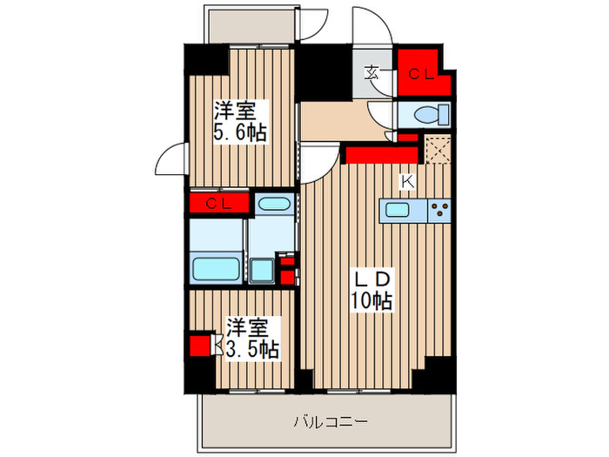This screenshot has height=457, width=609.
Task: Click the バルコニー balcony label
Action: (325, 422)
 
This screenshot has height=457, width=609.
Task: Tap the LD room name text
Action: (373, 280)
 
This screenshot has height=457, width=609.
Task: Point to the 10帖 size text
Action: (373, 301)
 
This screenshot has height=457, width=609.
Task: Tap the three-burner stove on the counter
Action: (441, 209)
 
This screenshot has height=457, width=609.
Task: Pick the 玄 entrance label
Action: (371, 73)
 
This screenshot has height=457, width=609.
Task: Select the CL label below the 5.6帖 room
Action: (219, 204)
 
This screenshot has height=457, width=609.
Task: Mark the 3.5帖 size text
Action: (253, 349)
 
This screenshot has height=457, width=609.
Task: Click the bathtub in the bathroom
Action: (216, 267)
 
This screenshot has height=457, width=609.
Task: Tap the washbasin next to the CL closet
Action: (274, 205)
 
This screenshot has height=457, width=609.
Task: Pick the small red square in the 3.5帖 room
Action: (200, 346)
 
